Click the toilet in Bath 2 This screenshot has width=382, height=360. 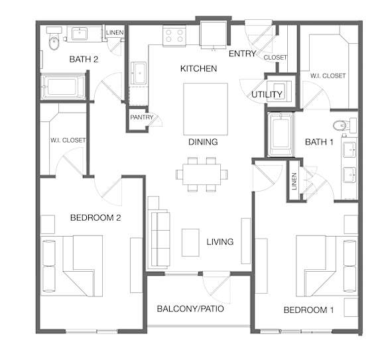coord(54,38)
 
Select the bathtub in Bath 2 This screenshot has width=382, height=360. coord(64,87)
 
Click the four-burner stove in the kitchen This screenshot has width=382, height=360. coord(174,36)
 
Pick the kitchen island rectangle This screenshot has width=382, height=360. coord(206,109)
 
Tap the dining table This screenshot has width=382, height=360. coord(202,174)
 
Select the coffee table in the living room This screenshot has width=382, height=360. coord(190,243)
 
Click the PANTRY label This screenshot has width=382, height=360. coord(142,117)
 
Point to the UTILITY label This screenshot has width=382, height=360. coord(267,95)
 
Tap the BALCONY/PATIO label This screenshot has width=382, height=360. coord(190,308)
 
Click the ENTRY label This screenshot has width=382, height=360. coord(243,54)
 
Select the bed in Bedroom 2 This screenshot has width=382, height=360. coord(72,266)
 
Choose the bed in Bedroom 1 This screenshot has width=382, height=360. coord(327,266)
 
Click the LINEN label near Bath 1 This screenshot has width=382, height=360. coord(294,181)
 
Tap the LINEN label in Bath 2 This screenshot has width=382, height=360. coord(115,32)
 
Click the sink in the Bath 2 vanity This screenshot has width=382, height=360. coord(80,34)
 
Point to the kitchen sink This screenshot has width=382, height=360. coord(139,74)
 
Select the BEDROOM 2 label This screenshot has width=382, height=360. coord(95,217)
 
